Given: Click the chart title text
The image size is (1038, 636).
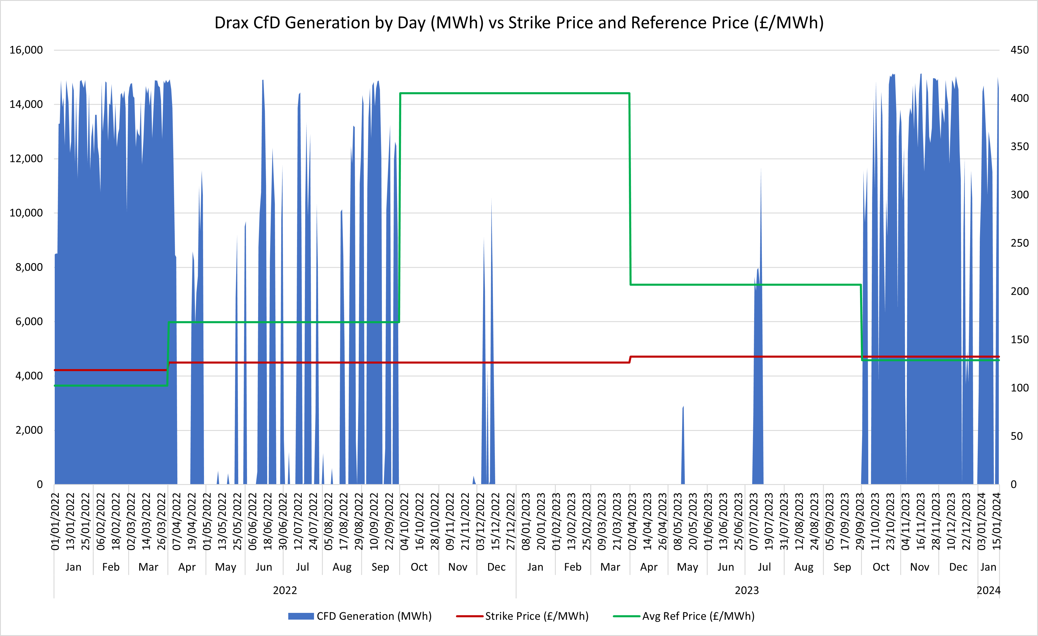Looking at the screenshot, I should [519, 23].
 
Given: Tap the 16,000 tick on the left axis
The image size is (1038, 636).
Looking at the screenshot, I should [26, 50].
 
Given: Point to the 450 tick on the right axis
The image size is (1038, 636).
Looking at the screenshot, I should [1020, 50].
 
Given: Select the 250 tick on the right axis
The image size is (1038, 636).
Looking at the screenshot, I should [1020, 243].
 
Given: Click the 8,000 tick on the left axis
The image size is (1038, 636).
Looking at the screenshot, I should [29, 267].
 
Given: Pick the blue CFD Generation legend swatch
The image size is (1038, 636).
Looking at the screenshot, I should [301, 616].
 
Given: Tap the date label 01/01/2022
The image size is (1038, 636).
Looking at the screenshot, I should [55, 522].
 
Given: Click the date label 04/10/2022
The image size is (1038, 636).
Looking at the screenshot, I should [404, 522].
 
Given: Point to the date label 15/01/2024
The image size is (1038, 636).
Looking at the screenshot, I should [996, 522].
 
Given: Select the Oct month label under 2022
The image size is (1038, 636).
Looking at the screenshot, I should [419, 567].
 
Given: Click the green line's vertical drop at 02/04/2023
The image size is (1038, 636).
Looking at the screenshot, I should [630, 190].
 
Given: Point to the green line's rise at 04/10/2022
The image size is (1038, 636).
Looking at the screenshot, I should [400, 206].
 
